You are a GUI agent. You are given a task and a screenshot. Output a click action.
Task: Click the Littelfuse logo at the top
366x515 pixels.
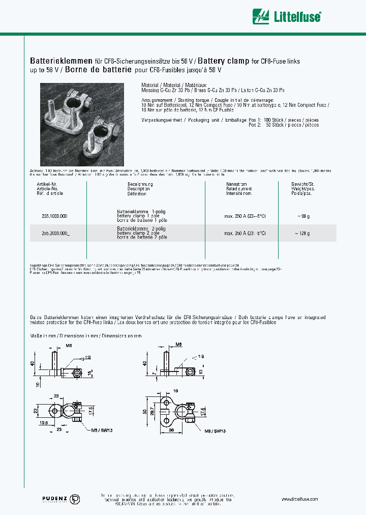click(288, 16)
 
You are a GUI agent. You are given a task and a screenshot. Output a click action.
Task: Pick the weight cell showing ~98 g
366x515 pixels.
click(303, 216)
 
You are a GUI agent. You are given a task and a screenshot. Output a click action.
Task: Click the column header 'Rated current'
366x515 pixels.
click(238, 189)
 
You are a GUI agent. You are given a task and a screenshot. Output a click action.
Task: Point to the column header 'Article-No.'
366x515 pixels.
click(48, 189)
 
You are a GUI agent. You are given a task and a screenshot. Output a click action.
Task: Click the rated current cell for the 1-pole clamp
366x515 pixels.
click(245, 216)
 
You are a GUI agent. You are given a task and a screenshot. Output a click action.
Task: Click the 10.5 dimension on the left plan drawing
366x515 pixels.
click(43, 422)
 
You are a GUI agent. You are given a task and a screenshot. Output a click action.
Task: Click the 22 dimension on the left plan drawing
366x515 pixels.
click(35, 410)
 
